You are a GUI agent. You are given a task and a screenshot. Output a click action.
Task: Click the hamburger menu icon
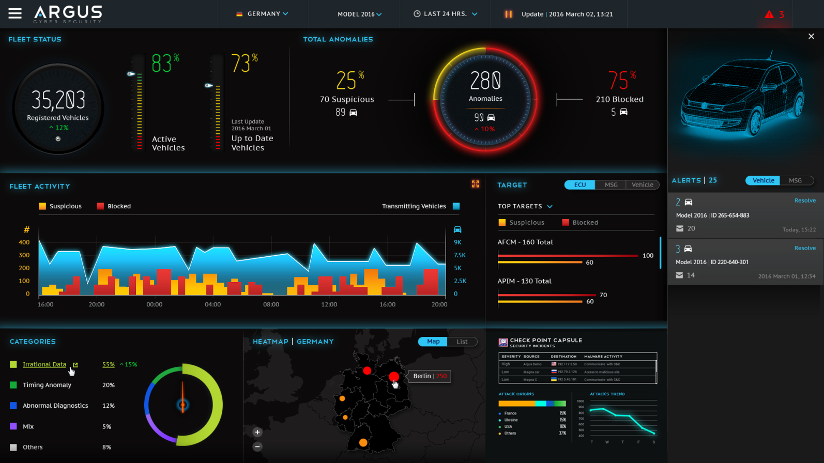[x=15, y=13]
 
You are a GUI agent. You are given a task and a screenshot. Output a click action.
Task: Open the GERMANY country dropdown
[x=263, y=14]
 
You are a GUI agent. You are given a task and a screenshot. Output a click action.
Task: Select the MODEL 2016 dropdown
[x=359, y=14]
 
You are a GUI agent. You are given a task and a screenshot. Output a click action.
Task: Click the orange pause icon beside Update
[x=508, y=14]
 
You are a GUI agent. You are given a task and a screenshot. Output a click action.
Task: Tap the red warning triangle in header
[x=769, y=14]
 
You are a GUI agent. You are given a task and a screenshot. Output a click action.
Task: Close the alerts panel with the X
[x=811, y=36]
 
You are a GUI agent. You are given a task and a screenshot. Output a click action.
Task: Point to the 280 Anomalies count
[x=485, y=81]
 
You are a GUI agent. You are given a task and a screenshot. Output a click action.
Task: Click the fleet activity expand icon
[x=476, y=184]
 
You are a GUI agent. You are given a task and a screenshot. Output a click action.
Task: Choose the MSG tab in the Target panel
[x=611, y=185]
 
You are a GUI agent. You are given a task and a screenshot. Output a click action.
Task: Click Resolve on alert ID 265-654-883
[x=805, y=200]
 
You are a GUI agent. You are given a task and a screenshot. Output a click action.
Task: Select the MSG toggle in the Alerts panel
[x=795, y=180]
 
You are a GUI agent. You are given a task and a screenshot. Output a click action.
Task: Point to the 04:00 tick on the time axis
[x=212, y=304]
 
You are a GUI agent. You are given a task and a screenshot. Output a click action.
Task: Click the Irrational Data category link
[x=44, y=364]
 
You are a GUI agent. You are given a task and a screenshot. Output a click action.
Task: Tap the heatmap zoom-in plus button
[x=257, y=432]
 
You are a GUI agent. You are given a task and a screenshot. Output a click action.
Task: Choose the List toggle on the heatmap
[x=462, y=342]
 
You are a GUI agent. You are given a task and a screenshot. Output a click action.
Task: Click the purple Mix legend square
[x=13, y=426]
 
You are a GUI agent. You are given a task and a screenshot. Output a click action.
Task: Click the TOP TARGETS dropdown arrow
[x=550, y=207]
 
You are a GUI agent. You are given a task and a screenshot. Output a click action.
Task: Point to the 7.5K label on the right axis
[x=460, y=255]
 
